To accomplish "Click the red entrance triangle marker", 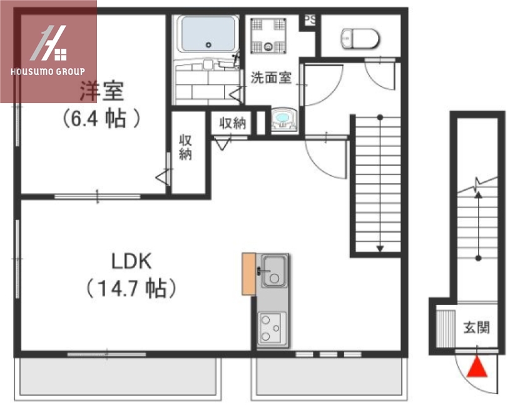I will click(477, 367).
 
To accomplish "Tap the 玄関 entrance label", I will click(476, 327).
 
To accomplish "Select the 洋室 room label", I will click(101, 92).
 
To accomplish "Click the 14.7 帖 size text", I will click(130, 288).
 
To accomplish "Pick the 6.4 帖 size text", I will click(100, 118).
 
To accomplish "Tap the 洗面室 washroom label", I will click(271, 78).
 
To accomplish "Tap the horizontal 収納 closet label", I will click(232, 123).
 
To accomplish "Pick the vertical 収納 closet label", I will click(185, 147).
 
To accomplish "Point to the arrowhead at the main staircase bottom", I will click(379, 248).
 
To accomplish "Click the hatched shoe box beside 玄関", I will click(445, 327).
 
